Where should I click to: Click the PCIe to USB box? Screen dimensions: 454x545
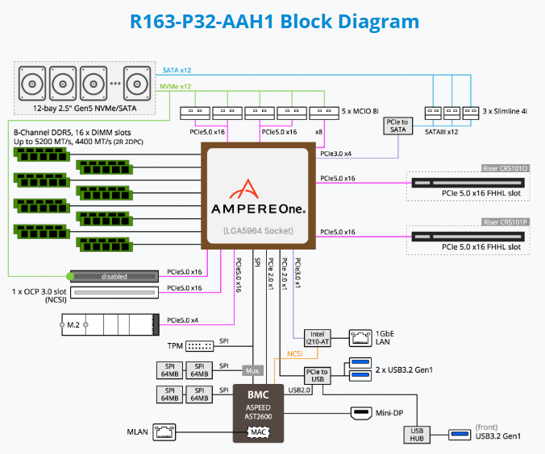(x=315, y=375)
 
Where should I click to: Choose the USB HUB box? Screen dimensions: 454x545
(x=417, y=434)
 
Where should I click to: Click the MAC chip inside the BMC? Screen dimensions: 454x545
(x=258, y=432)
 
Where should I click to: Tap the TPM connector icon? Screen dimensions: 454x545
(x=198, y=346)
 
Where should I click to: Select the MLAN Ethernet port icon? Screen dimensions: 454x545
(x=166, y=432)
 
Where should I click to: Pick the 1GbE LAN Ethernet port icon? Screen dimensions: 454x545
(x=359, y=338)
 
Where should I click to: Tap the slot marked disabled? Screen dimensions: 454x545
(x=115, y=276)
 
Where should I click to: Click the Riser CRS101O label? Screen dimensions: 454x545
(x=505, y=168)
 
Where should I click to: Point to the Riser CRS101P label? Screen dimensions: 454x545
(x=505, y=221)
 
